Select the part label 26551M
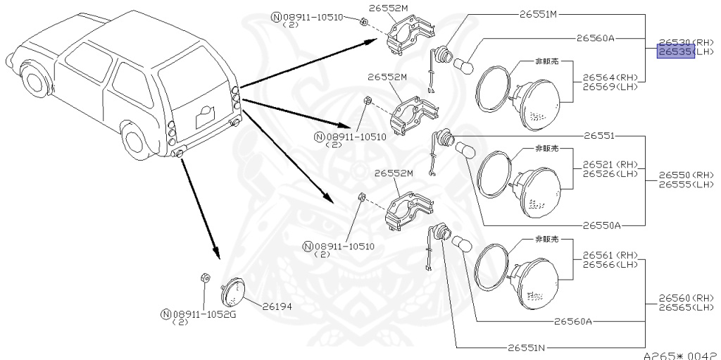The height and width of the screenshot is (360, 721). (538, 13)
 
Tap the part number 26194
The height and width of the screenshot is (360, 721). (277, 306)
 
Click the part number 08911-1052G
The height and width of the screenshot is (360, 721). (203, 314)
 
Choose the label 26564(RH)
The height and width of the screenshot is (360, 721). (610, 77)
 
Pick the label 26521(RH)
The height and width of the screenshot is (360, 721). (610, 164)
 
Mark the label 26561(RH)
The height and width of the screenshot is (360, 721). (610, 255)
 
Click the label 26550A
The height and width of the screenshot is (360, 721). (601, 225)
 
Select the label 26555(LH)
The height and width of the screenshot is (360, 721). (686, 185)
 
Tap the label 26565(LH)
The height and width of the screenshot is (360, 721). (686, 307)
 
